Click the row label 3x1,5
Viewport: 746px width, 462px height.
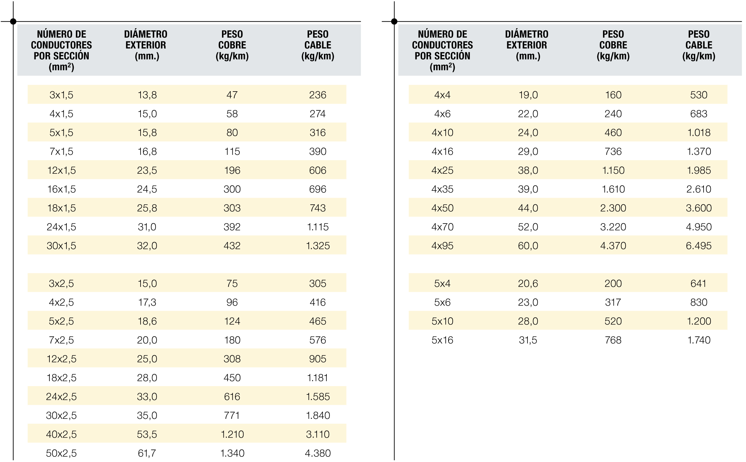[x=61, y=95]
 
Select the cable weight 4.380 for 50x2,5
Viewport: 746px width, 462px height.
[x=317, y=453]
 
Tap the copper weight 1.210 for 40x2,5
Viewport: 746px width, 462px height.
[x=232, y=434]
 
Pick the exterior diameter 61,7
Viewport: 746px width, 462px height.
[x=147, y=453]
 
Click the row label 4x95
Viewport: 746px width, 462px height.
[x=442, y=246]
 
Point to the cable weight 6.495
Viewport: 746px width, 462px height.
[x=698, y=246]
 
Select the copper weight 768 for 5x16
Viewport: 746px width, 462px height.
[x=613, y=340]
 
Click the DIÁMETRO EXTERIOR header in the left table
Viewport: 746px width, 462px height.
[x=146, y=45]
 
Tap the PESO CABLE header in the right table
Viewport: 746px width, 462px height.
[x=698, y=45]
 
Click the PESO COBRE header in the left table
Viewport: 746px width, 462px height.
[x=232, y=45]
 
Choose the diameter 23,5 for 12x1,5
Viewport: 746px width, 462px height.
[x=147, y=170]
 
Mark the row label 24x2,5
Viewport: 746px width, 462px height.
[x=61, y=397]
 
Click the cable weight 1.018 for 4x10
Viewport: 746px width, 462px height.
[x=698, y=133]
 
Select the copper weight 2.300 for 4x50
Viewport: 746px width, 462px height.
[x=613, y=208]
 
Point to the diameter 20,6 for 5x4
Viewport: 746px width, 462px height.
[x=528, y=283]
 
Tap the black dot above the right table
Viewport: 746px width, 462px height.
[x=394, y=22]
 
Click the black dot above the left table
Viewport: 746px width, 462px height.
[x=13, y=22]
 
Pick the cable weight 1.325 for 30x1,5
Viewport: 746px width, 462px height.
[x=317, y=246]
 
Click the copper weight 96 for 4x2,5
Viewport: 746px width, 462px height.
[x=232, y=302]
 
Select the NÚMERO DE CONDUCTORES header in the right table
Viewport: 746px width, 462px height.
[x=442, y=50]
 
